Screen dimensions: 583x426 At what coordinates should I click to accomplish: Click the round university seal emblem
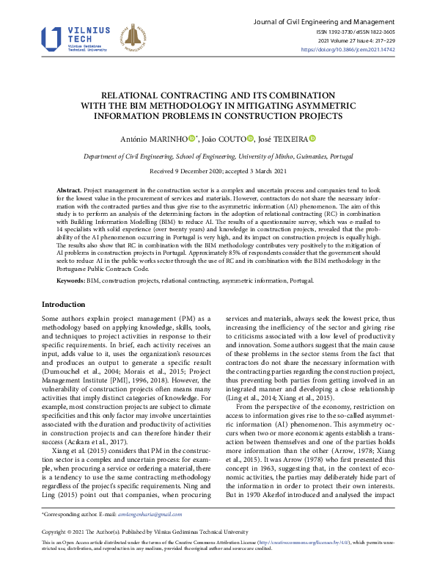[133, 39]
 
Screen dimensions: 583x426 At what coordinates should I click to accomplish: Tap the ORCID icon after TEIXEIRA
[312, 138]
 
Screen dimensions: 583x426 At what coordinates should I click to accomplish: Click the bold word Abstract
[68, 190]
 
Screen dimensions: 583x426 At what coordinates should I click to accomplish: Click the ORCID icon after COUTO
[250, 138]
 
